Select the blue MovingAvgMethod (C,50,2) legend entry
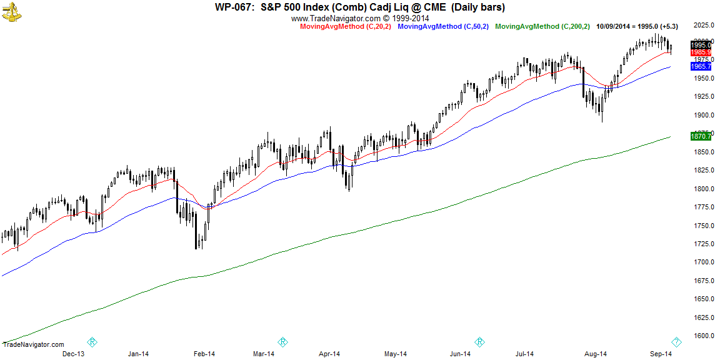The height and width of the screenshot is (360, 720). (442, 26)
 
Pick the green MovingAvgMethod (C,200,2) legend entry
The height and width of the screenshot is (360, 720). (542, 26)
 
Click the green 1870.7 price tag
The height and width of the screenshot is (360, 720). (701, 136)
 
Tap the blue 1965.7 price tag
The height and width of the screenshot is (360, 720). (701, 66)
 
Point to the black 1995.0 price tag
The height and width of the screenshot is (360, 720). (701, 45)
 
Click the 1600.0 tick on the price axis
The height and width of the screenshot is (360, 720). (704, 336)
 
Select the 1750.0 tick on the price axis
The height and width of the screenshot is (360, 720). (704, 226)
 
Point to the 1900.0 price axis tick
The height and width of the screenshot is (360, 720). (704, 115)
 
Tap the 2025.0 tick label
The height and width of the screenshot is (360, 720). (704, 25)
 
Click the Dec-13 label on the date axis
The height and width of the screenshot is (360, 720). (73, 354)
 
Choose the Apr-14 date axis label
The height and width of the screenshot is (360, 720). (329, 354)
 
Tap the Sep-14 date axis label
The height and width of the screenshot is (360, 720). (660, 354)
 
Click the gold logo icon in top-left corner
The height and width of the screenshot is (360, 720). (11, 11)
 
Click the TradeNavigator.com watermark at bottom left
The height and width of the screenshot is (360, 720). (34, 344)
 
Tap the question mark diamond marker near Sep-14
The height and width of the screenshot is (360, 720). (676, 342)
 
